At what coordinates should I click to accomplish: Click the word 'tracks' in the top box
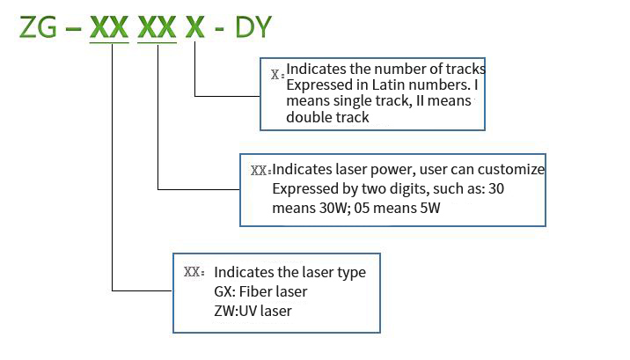tap(466, 69)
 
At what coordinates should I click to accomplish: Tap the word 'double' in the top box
tap(307, 118)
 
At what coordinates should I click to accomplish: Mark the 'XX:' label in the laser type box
tap(194, 272)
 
